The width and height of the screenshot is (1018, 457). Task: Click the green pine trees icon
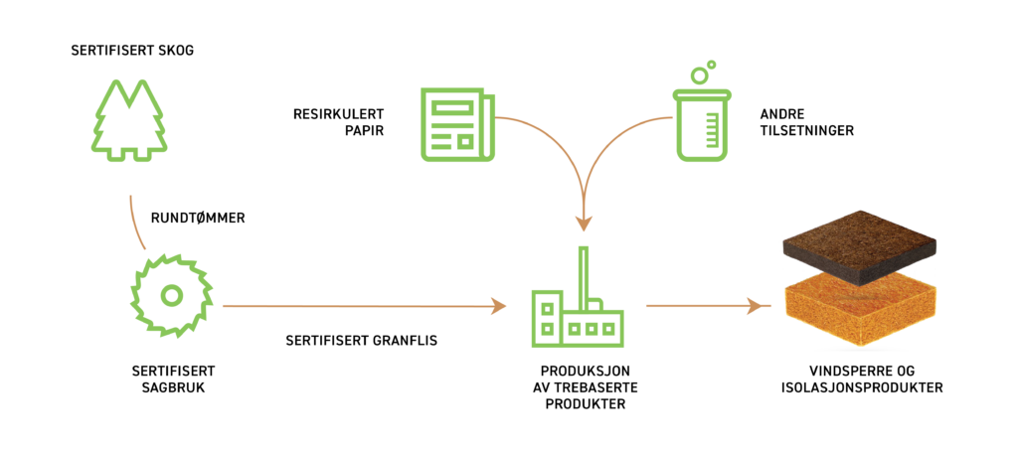pos(129,121)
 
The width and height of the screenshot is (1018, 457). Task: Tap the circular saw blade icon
pos(171,295)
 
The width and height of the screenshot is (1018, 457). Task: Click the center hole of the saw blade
pos(171,295)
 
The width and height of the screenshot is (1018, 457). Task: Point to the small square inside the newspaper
pos(464,141)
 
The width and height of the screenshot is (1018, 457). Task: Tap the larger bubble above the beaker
pos(700,76)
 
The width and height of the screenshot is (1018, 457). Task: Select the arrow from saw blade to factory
pos(358,306)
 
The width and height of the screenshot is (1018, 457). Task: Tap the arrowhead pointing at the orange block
pos(765,306)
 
